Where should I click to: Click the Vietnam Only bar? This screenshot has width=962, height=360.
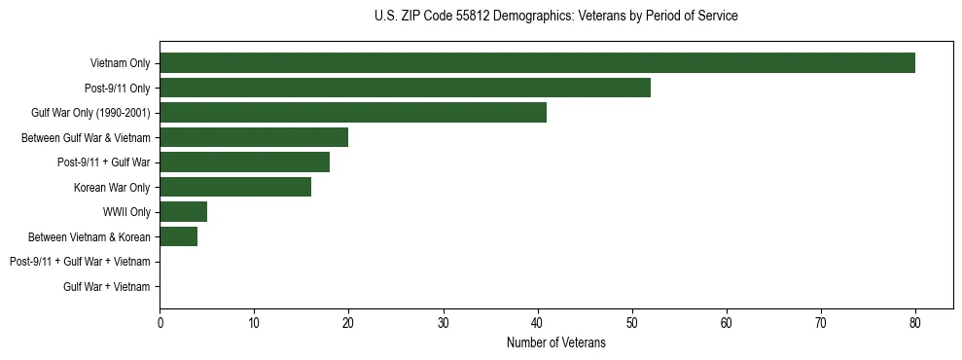point(537,63)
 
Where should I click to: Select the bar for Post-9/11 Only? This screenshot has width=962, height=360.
point(405,88)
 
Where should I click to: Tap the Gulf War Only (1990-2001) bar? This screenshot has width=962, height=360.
point(353,113)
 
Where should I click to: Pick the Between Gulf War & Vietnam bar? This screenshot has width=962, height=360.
point(254,137)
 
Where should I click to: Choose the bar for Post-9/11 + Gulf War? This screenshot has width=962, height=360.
point(244,162)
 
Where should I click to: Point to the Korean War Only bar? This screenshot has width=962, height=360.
point(235,187)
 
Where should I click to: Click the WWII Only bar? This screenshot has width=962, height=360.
point(183,212)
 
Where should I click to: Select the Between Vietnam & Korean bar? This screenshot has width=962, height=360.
point(178,236)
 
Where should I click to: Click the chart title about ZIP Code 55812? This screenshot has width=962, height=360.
point(555,17)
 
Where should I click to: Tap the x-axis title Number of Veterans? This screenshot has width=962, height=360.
point(555,342)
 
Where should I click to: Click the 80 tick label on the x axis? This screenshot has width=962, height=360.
point(915,322)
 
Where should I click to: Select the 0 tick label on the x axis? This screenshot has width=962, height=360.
point(160,322)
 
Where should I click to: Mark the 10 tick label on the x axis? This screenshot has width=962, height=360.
point(254,322)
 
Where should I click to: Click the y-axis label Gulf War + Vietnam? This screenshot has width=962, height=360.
point(107,287)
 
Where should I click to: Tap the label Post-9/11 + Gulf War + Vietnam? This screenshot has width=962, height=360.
point(80,262)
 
